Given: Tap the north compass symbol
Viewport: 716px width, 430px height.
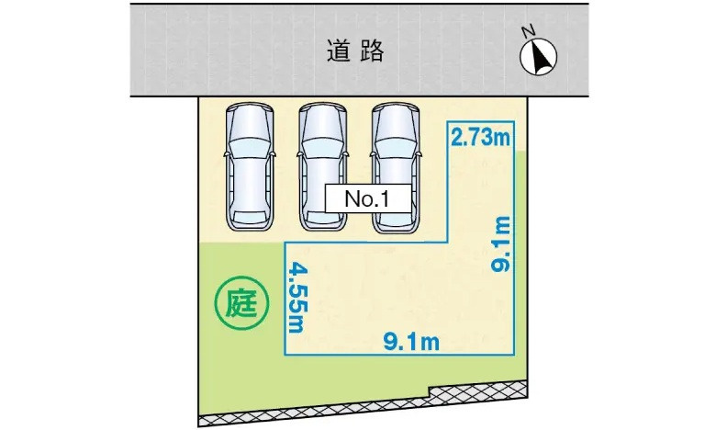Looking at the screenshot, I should [x=540, y=58].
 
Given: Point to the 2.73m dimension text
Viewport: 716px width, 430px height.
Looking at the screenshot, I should [x=480, y=139].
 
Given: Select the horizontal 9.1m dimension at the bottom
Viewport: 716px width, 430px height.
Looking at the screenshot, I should [x=411, y=343].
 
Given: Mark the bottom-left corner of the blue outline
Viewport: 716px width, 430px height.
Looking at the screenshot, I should [x=286, y=355].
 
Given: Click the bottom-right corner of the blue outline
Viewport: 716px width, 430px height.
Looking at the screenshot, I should [x=517, y=355].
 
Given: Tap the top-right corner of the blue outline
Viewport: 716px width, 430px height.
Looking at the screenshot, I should [x=517, y=122].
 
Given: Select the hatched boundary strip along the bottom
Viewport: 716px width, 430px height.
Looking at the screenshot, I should [x=367, y=408].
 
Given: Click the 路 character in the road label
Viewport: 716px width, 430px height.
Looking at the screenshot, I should [x=372, y=51].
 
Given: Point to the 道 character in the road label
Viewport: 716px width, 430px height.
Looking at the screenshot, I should [x=338, y=51].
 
